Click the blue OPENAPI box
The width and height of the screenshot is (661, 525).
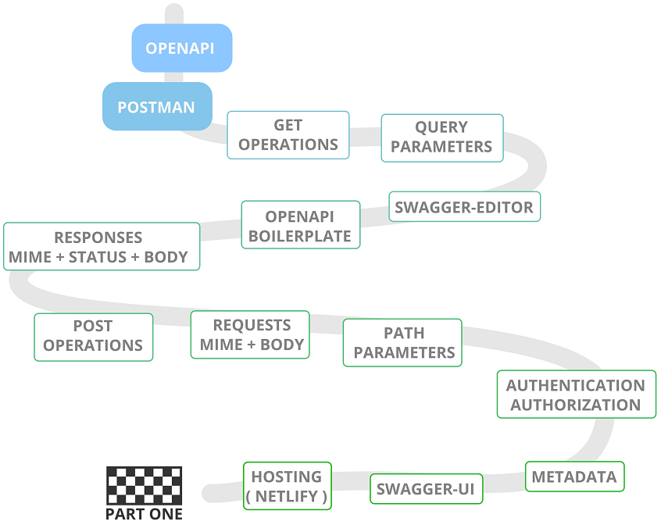[x=181, y=48]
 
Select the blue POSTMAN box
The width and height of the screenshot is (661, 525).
[x=157, y=106]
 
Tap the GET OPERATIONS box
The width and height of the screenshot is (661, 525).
[x=288, y=135]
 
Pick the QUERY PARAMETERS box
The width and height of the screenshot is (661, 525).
[x=441, y=137]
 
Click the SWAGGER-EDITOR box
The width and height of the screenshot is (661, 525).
[x=464, y=207]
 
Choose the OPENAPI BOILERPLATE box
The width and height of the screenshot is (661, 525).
[x=300, y=226]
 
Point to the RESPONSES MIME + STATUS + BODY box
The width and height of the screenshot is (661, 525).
[x=101, y=247]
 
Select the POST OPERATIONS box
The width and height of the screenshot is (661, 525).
[x=93, y=337]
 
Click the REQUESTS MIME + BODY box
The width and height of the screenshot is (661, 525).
[x=250, y=335]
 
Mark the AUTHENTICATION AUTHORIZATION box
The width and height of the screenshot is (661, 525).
[x=576, y=395]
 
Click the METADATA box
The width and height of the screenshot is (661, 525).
[x=574, y=477]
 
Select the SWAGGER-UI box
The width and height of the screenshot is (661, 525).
[x=426, y=489]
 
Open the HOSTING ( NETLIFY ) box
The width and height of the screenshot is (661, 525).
[x=287, y=486]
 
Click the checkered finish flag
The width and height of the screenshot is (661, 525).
[x=145, y=485]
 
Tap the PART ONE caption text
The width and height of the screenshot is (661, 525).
[x=145, y=514]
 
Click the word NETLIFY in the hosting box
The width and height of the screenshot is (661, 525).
[x=287, y=496]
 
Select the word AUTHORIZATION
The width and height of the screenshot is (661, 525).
[x=576, y=405]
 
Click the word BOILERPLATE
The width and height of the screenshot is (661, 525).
[x=300, y=236]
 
